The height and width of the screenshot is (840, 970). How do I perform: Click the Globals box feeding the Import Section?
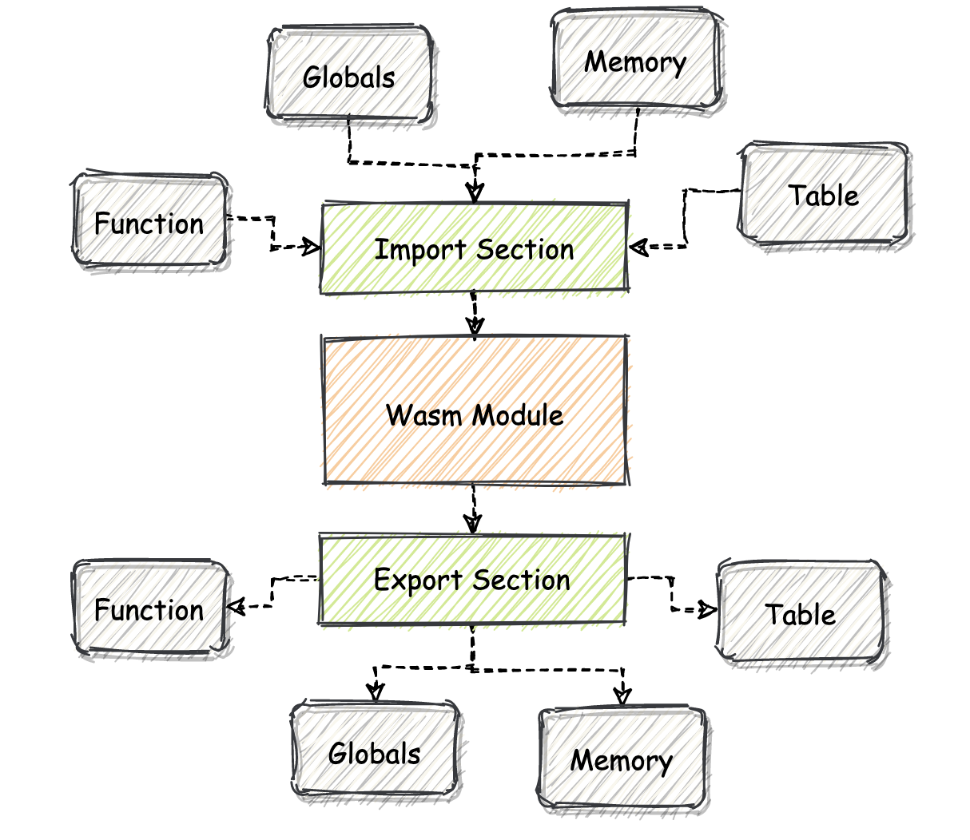[350, 77]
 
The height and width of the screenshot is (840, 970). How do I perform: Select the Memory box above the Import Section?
[636, 61]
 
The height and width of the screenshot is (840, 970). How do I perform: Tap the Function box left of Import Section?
[149, 223]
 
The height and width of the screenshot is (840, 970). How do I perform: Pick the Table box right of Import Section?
[824, 195]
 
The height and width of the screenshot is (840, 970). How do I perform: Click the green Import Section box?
[475, 249]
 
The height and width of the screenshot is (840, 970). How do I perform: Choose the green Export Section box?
[472, 580]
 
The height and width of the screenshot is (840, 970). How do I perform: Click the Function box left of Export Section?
[149, 609]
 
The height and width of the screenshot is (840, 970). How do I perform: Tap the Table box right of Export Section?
[801, 613]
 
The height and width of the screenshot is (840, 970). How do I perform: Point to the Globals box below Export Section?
[374, 752]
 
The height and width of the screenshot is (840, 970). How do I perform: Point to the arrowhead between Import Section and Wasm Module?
[475, 326]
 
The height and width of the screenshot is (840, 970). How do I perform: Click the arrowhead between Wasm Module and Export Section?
[473, 524]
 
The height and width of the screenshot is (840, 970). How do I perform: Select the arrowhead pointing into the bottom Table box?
[707, 610]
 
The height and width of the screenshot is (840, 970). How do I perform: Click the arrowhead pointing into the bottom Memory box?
[622, 695]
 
